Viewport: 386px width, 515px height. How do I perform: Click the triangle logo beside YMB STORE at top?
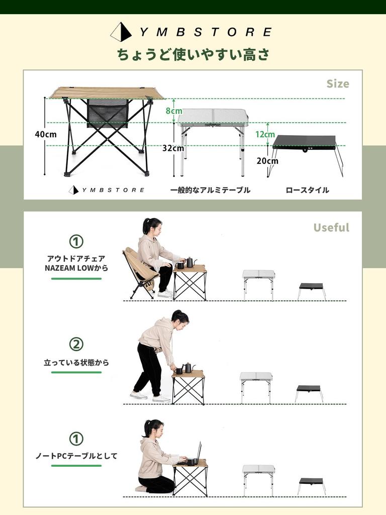click(121, 32)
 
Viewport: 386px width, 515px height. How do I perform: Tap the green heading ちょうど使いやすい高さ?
click(193, 54)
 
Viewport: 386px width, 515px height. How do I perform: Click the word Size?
click(337, 83)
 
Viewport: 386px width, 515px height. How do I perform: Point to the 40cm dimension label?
click(46, 134)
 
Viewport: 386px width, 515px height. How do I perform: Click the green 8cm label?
click(174, 111)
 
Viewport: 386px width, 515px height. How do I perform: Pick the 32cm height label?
click(173, 148)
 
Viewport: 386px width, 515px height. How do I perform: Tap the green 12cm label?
click(265, 134)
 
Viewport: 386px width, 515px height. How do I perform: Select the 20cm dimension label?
click(267, 161)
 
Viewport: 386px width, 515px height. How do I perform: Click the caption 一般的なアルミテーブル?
click(210, 190)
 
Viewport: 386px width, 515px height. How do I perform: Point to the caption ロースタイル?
click(307, 190)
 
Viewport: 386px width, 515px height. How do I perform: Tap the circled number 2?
click(76, 345)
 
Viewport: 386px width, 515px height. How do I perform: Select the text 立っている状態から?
click(76, 362)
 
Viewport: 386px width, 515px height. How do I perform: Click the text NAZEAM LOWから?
click(76, 268)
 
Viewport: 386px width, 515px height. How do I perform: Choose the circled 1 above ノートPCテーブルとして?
click(76, 439)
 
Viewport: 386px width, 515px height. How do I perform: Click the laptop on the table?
click(198, 453)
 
